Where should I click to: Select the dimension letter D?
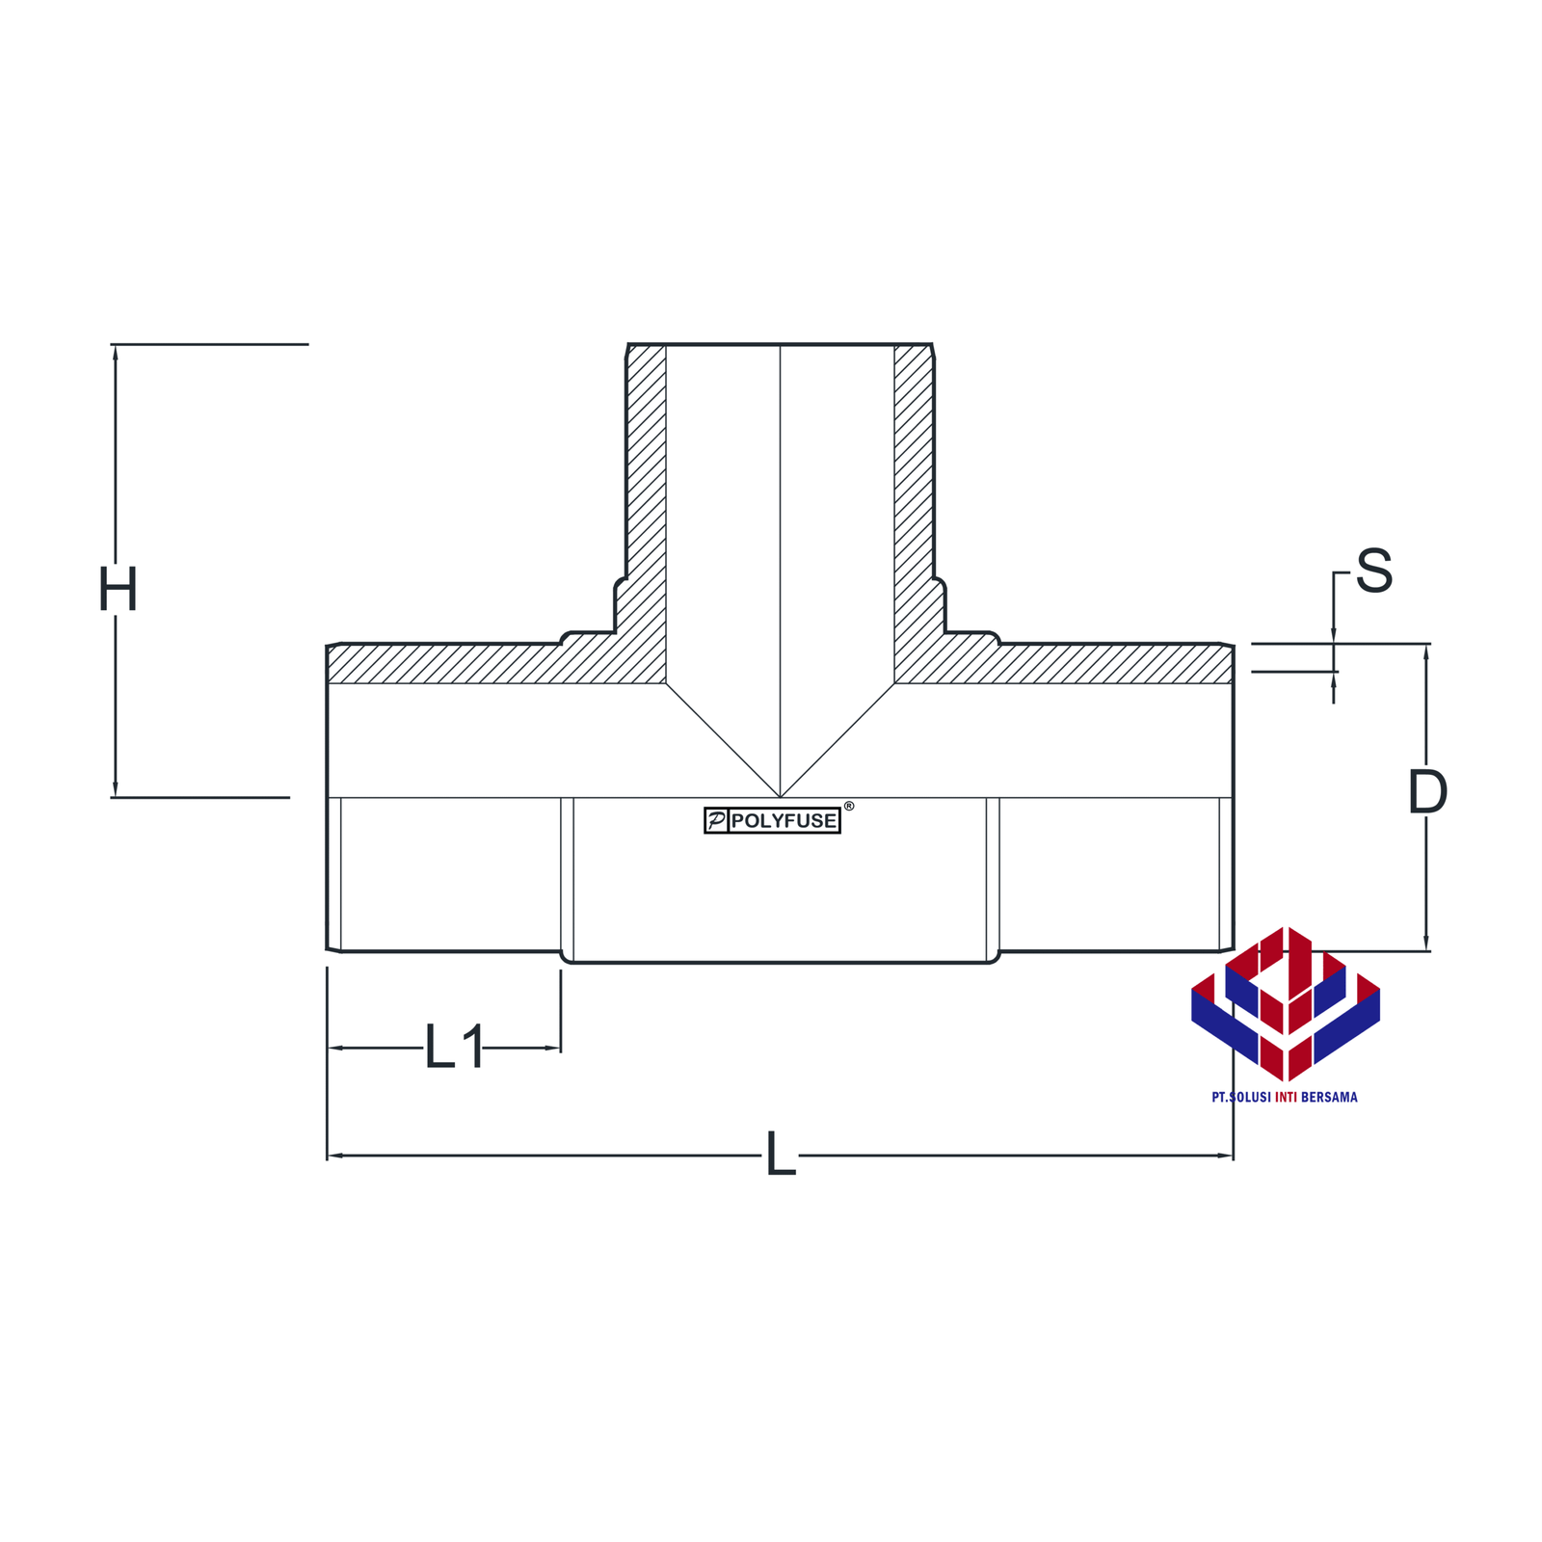(x=1427, y=792)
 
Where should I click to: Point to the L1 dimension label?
(x=454, y=1047)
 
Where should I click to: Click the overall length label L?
(x=781, y=1154)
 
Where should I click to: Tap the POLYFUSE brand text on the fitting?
(x=784, y=821)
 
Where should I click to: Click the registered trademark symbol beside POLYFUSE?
(x=848, y=806)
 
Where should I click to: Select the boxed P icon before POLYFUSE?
(x=716, y=821)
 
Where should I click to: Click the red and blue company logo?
(x=1286, y=1003)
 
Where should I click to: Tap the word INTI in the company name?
(x=1286, y=1097)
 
